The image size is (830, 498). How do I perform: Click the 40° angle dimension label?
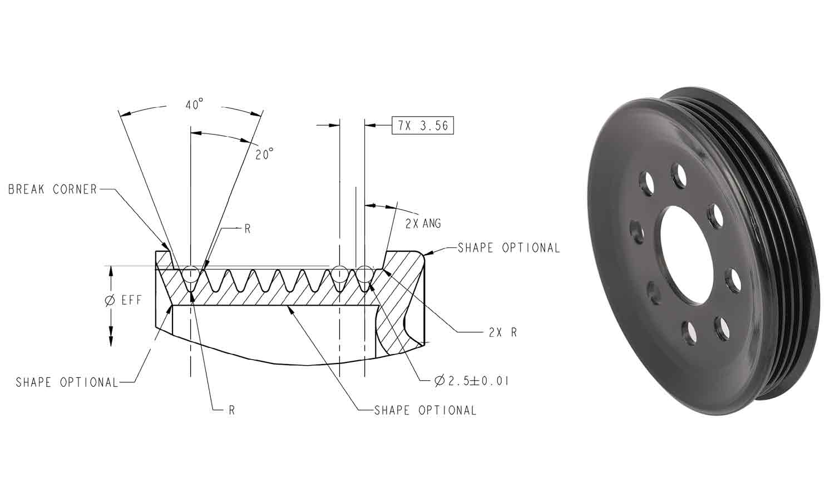coord(194,104)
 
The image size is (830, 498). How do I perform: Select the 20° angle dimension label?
coord(264,154)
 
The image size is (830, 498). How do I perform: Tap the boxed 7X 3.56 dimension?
coord(423,126)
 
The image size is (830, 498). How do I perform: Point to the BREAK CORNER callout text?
coord(53,190)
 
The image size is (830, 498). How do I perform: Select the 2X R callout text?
coord(503,332)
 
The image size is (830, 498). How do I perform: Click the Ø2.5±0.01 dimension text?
coord(472,381)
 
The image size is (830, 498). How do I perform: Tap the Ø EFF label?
coord(123,301)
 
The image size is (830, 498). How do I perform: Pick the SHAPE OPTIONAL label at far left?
coord(67,382)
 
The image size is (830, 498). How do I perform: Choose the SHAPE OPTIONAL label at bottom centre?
coord(425,410)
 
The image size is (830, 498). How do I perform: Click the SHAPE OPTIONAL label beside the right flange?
coord(508,248)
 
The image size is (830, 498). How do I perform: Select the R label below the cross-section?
coord(231,410)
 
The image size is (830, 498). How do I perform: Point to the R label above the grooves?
coord(247,228)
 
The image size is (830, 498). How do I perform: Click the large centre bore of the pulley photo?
coord(686,256)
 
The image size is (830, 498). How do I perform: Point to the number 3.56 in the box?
coord(434,126)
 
